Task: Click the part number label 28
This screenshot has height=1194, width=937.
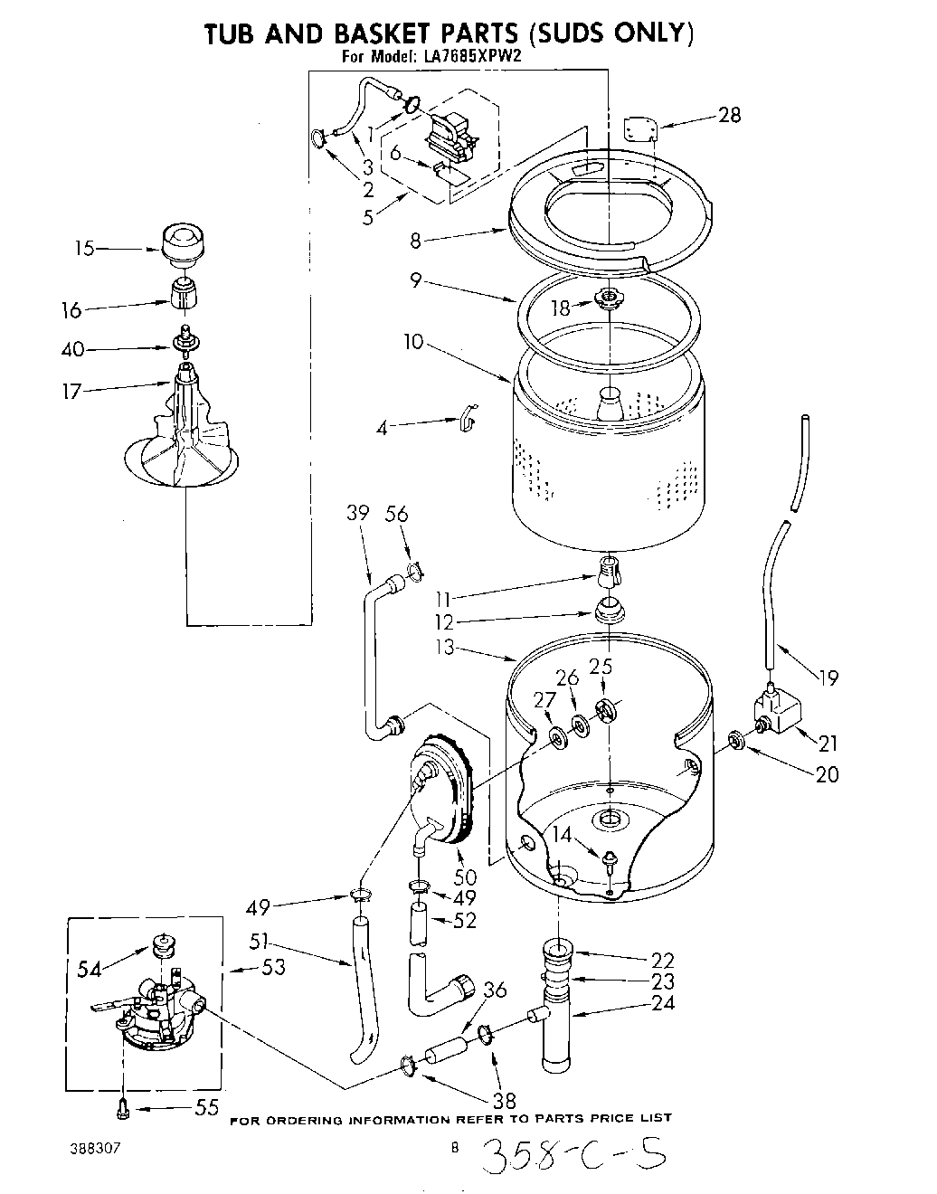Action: (729, 115)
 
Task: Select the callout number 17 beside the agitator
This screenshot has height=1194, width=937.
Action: (71, 391)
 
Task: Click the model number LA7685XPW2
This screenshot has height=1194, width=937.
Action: (472, 54)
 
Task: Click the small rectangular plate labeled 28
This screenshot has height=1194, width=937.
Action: (640, 129)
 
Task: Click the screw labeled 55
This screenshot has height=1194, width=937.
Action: (125, 1106)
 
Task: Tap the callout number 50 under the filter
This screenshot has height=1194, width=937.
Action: (464, 877)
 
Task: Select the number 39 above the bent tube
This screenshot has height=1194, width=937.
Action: (358, 513)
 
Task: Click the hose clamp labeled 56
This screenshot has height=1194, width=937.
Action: (415, 572)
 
